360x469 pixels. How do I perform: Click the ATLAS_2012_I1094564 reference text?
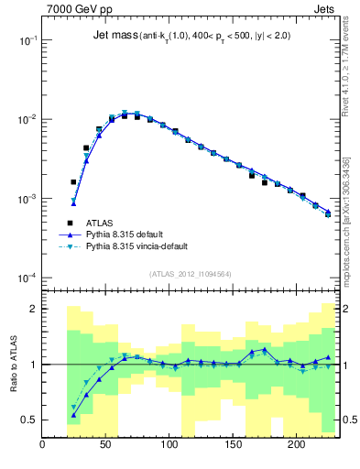pyautogui.click(x=190, y=272)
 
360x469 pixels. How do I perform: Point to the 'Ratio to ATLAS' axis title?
pyautogui.click(x=13, y=365)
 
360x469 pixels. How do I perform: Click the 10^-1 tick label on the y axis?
pyautogui.click(x=27, y=41)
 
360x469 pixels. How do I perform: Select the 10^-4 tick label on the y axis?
pyautogui.click(x=27, y=278)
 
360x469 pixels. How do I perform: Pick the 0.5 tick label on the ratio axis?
pyautogui.click(x=28, y=420)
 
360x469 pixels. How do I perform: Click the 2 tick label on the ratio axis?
pyautogui.click(x=33, y=309)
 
